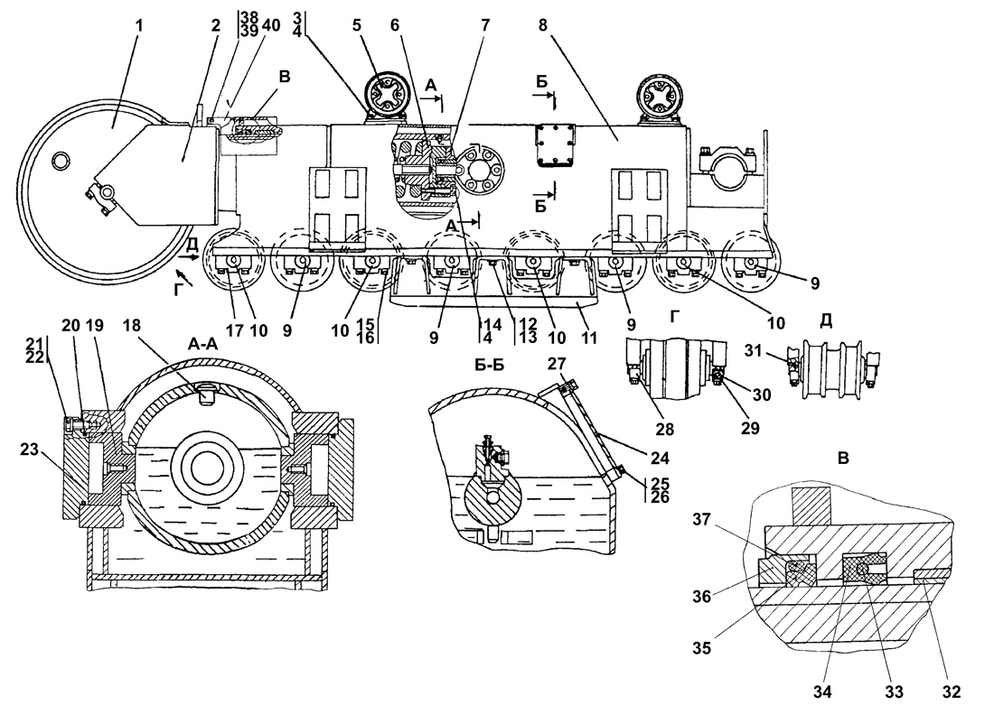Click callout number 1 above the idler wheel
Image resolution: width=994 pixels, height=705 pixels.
139,26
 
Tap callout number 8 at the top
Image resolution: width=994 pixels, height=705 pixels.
543,26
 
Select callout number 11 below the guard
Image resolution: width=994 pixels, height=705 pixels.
590,338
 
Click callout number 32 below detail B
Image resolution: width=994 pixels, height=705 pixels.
952,692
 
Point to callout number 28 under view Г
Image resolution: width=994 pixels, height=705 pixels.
665,430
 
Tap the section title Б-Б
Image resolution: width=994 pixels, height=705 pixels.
490,366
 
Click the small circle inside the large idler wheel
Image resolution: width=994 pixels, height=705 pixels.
61,161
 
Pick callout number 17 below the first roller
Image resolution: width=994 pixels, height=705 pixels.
234,330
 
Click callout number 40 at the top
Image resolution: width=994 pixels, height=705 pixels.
271,26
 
